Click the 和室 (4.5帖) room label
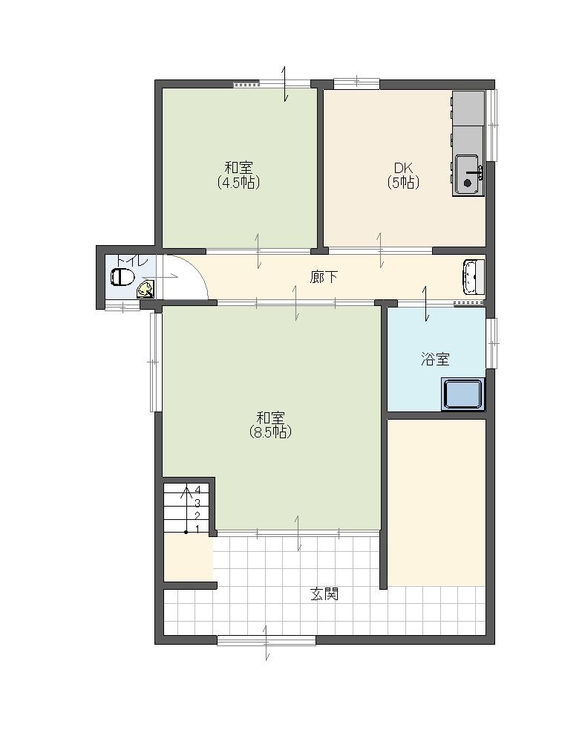pos(239,175)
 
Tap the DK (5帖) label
pos(403,175)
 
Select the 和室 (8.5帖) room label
pos(270,426)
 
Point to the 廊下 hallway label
pos(324,276)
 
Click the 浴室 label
pos(435,359)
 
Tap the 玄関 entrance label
pos(324,593)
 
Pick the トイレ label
pos(131,261)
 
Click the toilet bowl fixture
pos(122,277)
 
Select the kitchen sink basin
pos(468,175)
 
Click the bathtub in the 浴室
pos(463,394)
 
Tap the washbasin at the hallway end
pos(473,278)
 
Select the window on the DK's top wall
pos(356,84)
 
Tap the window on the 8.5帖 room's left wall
pos(155,362)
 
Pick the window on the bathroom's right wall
pos(492,342)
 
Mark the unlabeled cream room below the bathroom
pos(437,502)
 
